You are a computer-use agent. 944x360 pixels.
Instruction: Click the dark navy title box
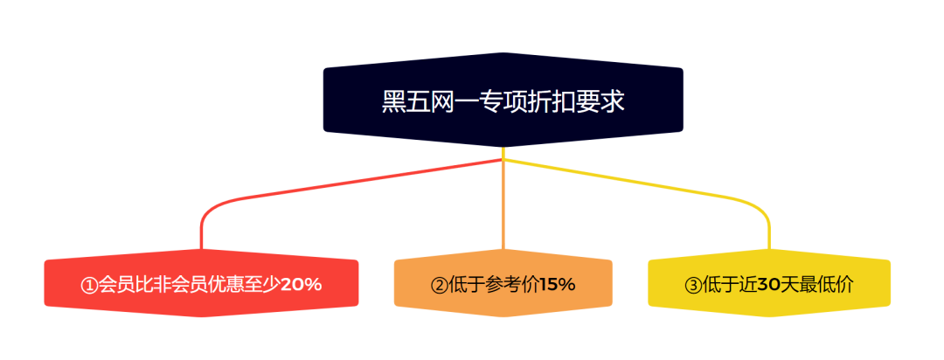pos(503,100)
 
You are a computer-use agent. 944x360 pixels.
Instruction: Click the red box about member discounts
pos(201,283)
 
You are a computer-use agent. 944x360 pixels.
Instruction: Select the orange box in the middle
pos(503,283)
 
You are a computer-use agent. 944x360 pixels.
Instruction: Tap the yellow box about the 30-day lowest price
pos(769,283)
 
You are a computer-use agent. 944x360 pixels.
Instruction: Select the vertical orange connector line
pos(503,204)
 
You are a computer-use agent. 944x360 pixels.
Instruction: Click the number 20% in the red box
pos(302,284)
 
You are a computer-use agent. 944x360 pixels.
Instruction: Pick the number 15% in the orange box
pos(558,284)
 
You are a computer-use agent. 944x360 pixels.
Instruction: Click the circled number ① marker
pos(89,285)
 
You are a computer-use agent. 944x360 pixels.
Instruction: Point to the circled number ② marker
pos(439,285)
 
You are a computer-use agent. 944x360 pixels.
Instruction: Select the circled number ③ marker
pos(692,285)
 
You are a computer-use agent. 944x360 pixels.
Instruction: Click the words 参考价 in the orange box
pos(512,284)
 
